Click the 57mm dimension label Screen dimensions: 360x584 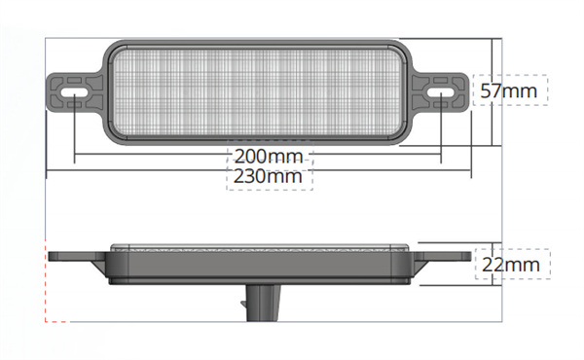pyautogui.click(x=510, y=90)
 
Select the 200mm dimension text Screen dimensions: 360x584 pyautogui.click(x=270, y=156)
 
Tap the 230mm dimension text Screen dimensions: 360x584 pyautogui.click(x=270, y=176)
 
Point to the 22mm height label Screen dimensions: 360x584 pyautogui.click(x=512, y=264)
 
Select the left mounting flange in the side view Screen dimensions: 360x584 pyautogui.click(x=76, y=259)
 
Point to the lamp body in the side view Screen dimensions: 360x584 pyautogui.click(x=258, y=264)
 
